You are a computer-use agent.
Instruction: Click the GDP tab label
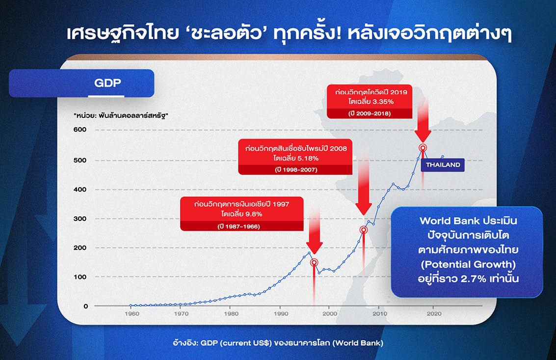[107, 83]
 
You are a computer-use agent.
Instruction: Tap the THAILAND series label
[443, 165]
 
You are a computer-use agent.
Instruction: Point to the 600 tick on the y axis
[80, 130]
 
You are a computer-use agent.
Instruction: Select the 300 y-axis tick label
[80, 219]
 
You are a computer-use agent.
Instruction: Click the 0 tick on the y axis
[85, 306]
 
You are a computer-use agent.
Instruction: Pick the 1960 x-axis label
[132, 313]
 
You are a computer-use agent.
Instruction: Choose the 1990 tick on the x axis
[281, 313]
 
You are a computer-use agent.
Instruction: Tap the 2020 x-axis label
[434, 313]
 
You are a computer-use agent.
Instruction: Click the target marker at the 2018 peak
[423, 148]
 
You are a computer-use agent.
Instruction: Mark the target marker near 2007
[364, 230]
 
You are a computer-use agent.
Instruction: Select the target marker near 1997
[314, 263]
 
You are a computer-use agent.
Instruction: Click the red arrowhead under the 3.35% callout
[423, 137]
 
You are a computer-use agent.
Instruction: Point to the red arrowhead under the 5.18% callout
[364, 209]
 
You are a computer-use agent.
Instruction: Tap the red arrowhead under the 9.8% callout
[314, 248]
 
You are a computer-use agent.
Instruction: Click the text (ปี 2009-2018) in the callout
[370, 113]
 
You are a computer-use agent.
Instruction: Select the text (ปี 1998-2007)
[296, 170]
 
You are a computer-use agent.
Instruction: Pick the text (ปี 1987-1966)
[238, 226]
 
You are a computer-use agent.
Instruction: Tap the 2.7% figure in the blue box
[474, 278]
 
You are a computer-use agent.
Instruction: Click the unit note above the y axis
[121, 115]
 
